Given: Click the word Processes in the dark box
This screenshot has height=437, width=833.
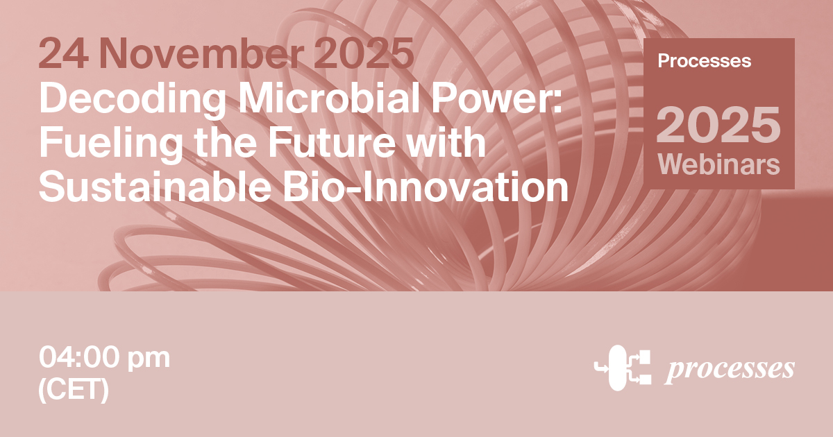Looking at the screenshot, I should [x=704, y=61].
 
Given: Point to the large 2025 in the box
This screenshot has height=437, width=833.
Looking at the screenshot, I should [x=718, y=124].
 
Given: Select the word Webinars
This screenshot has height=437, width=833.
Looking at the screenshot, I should [x=718, y=165].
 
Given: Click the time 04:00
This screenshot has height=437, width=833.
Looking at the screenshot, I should [x=79, y=358].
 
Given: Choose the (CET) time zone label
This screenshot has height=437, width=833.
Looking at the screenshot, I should [x=74, y=390].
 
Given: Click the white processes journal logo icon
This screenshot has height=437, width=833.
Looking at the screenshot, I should [x=623, y=368].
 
